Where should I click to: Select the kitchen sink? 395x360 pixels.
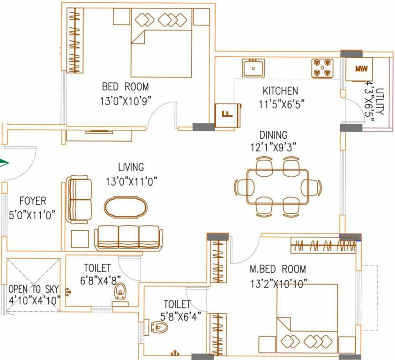click(253, 68)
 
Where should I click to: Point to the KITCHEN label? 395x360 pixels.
click(280, 91)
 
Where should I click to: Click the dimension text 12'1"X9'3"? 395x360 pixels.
click(274, 147)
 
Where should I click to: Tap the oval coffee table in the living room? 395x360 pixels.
click(125, 207)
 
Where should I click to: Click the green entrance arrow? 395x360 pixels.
click(4, 163)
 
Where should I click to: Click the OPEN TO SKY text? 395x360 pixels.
click(32, 289)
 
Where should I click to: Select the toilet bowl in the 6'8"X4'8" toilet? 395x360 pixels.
click(121, 292)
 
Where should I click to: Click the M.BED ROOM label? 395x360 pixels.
click(277, 269)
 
